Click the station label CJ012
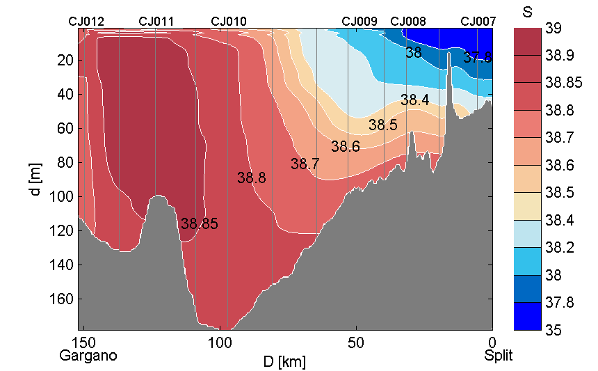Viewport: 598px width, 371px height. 86,22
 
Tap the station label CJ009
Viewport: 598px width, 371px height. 359,22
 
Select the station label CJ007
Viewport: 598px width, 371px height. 478,22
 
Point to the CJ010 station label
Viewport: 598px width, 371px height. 228,22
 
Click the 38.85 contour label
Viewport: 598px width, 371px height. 199,223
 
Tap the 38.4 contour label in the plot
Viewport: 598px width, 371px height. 414,100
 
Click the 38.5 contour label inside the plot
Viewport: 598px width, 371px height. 382,125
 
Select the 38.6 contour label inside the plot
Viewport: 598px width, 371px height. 345,147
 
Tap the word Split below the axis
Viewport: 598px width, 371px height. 499,356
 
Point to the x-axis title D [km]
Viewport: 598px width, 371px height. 285,362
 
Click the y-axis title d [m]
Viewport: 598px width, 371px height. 36,180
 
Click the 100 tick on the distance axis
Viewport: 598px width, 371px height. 220,342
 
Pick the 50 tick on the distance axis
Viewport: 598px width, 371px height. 356,342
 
